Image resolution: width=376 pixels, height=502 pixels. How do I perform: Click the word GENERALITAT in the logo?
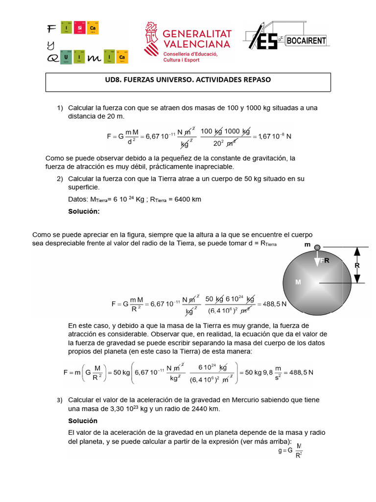pyautogui.click(x=196, y=33)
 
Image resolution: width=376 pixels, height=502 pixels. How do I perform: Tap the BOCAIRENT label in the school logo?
pyautogui.click(x=306, y=40)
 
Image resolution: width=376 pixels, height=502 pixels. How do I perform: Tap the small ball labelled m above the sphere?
pyautogui.click(x=317, y=248)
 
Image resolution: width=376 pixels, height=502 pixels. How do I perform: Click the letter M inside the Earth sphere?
pyautogui.click(x=297, y=282)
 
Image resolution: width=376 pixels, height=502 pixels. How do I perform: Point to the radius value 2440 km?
pyautogui.click(x=203, y=409)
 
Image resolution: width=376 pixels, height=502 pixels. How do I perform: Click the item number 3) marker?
pyautogui.click(x=60, y=401)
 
